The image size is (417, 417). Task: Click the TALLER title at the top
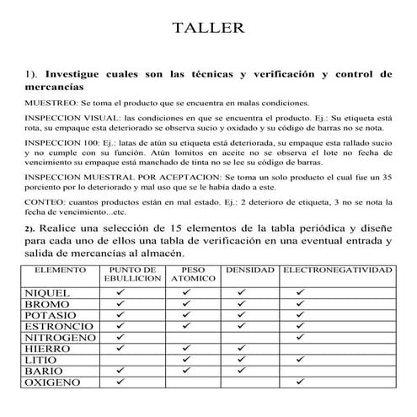(x=208, y=29)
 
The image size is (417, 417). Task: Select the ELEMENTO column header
(x=58, y=270)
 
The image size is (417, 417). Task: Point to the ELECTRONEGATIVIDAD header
(x=337, y=270)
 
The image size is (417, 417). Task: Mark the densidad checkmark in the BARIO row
(x=241, y=371)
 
